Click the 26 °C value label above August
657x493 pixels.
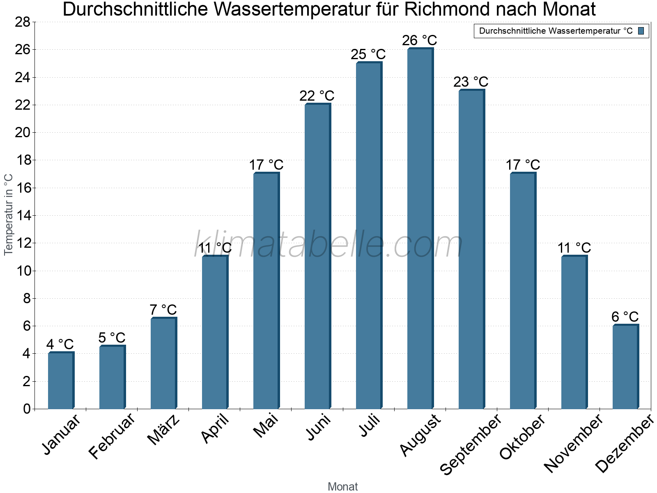[420, 41]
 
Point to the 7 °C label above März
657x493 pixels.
[163, 310]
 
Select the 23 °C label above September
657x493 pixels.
[471, 82]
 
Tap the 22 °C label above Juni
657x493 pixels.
[317, 96]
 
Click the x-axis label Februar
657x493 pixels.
[112, 436]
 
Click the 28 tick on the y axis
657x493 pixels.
[23, 22]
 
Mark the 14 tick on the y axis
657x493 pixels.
[23, 216]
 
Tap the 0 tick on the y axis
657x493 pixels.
[27, 409]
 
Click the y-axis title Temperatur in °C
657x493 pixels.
[9, 214]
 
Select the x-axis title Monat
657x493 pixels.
[343, 487]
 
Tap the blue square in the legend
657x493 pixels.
[641, 31]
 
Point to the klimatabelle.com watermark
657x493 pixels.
[328, 245]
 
